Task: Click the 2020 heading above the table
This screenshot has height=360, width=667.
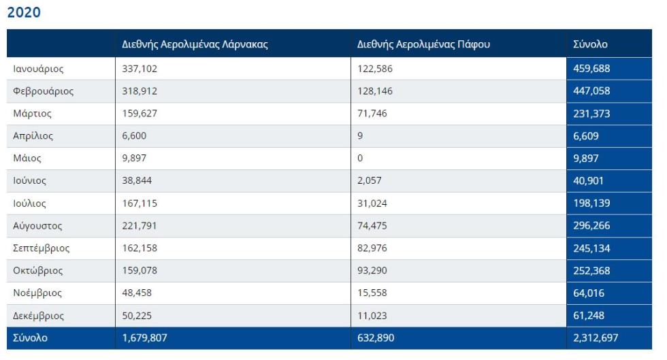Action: point(24,12)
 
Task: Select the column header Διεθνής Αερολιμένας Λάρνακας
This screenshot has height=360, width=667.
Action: point(195,44)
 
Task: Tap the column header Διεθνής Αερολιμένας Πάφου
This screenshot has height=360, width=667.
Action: point(423,44)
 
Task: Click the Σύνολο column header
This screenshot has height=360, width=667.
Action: point(590,44)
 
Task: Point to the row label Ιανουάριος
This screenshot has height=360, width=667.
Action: point(38,69)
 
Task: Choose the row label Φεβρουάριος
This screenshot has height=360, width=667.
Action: point(43,91)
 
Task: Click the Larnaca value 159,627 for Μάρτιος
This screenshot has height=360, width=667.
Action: point(140,114)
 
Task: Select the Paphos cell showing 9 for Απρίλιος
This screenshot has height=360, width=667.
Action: point(360,135)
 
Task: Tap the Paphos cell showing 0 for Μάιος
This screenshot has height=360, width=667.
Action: point(360,159)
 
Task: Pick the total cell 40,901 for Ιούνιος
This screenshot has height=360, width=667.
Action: point(588,181)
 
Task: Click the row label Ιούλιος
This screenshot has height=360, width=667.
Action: point(29,203)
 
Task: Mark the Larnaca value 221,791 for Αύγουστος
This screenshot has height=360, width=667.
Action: point(140,225)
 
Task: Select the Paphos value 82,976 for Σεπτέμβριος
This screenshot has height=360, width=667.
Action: point(372,248)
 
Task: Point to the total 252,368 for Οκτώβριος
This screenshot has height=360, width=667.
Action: point(591,271)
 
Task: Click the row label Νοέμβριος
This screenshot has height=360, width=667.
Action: point(37,293)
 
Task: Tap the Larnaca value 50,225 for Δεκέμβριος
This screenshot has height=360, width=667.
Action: point(137,316)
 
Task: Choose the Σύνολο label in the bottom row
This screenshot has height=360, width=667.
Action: point(30,338)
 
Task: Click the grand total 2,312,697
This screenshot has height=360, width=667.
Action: point(596,338)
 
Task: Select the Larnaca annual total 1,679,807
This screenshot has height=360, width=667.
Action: point(144,338)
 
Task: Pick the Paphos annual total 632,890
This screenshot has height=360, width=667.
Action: point(376,338)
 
